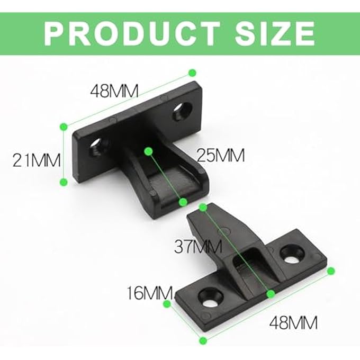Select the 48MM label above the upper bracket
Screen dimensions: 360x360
click(x=113, y=91)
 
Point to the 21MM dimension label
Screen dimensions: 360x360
click(x=35, y=158)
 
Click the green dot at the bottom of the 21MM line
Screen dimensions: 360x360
click(x=63, y=182)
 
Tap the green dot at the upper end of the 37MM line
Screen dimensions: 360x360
click(x=201, y=208)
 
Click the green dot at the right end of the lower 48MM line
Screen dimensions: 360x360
click(x=331, y=271)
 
